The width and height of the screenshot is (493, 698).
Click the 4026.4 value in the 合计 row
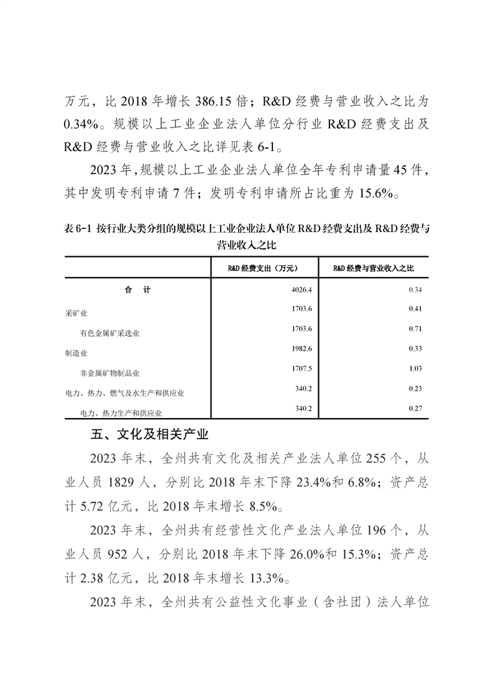click(x=292, y=289)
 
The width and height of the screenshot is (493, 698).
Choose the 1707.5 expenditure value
click(x=292, y=368)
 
